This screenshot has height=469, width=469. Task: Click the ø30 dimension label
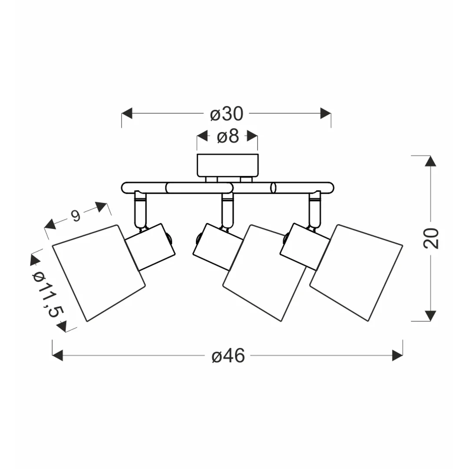227,114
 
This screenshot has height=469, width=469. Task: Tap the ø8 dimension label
228,136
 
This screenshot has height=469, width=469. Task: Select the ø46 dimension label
228,356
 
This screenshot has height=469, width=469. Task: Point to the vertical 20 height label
431,238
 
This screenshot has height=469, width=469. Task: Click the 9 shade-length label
76,215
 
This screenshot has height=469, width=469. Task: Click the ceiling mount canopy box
228,165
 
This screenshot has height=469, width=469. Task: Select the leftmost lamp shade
99,273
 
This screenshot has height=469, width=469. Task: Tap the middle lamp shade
265,273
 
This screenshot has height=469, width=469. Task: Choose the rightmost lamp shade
356,273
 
